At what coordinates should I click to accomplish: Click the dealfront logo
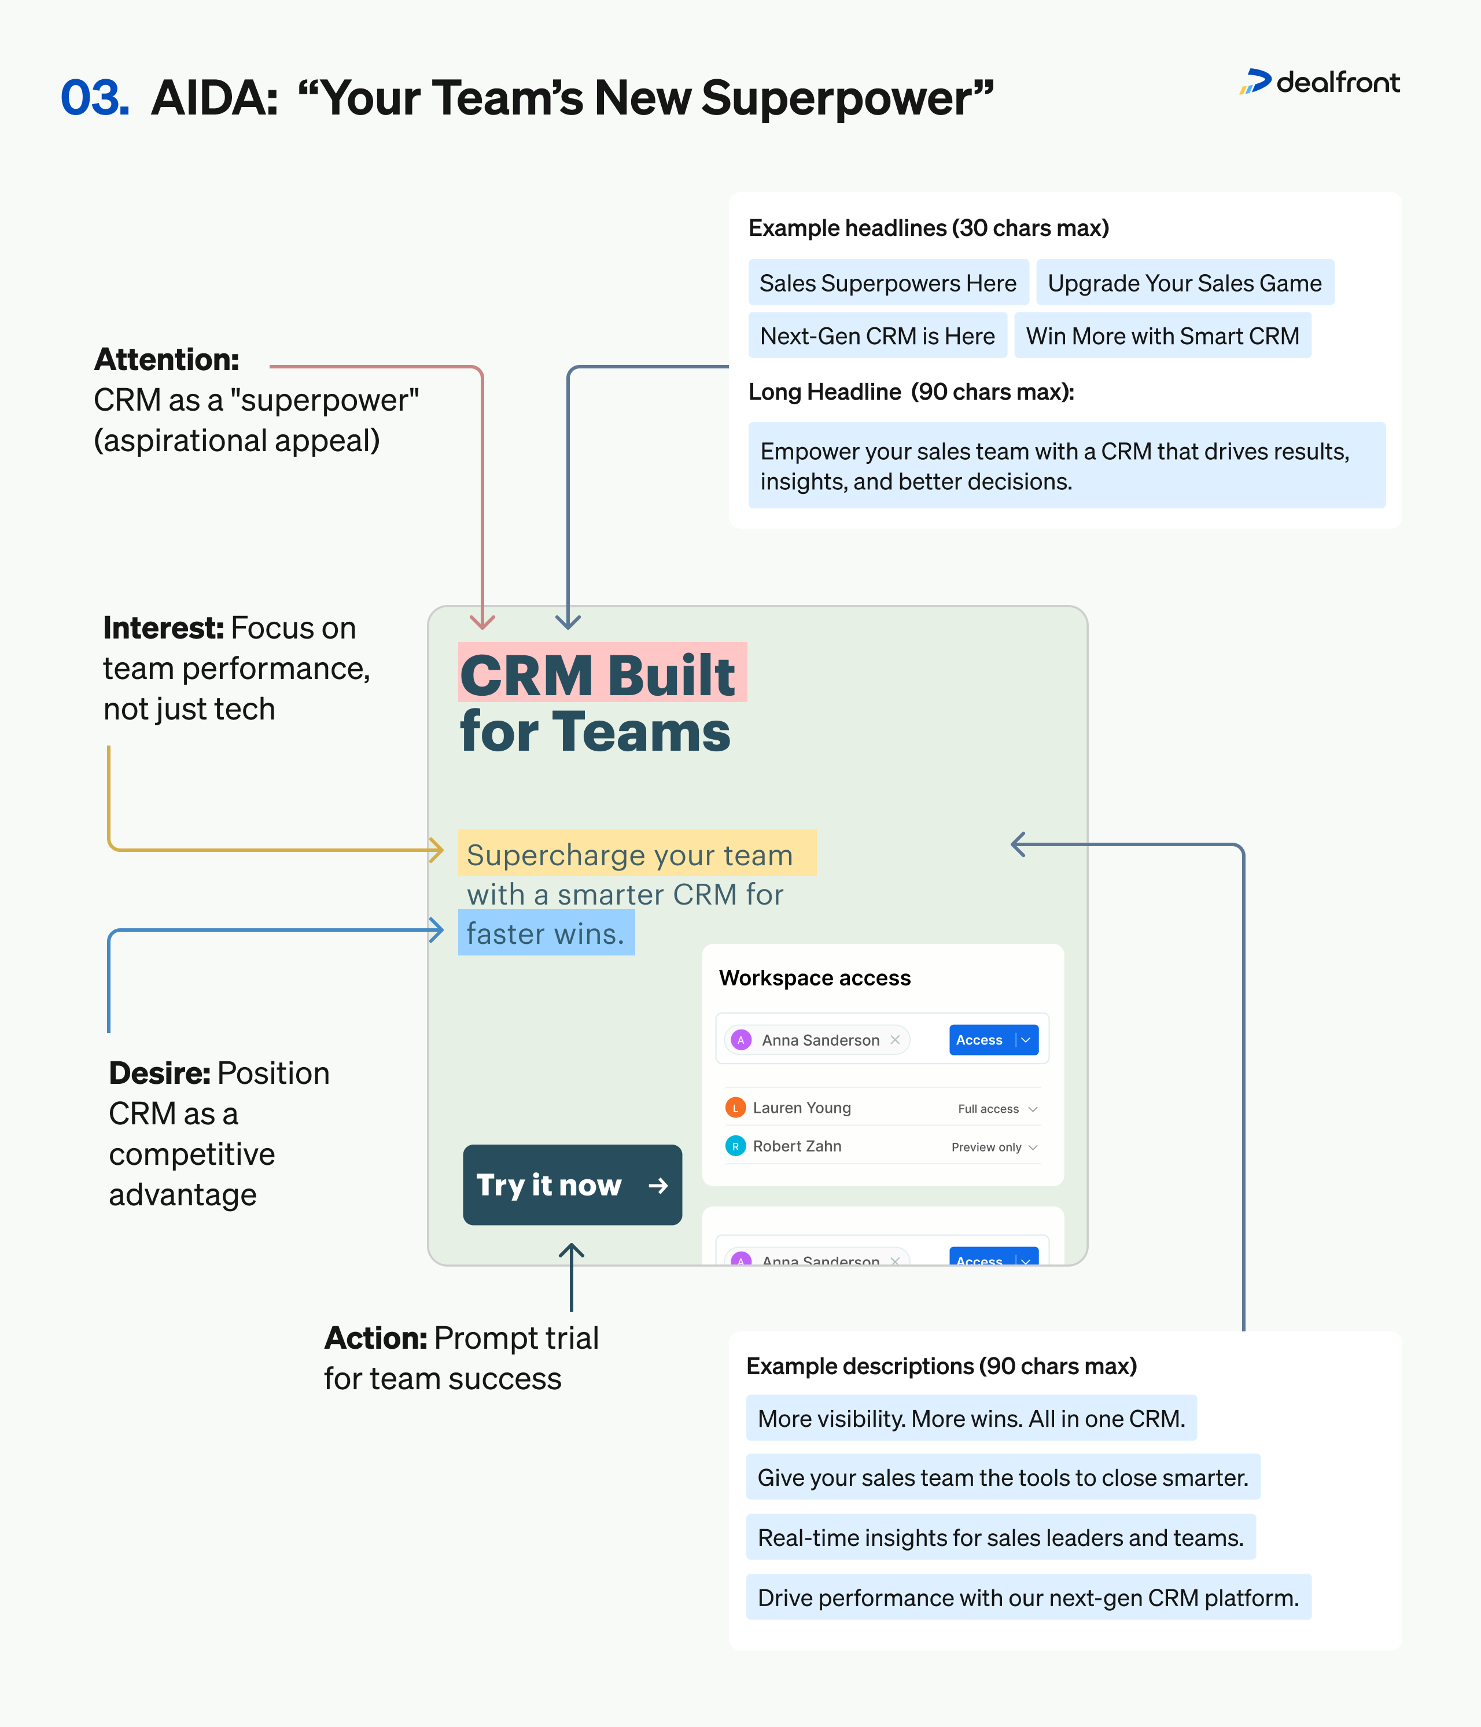coord(1319,83)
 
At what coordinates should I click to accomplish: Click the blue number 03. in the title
coord(95,98)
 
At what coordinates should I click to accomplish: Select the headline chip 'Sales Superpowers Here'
coord(887,283)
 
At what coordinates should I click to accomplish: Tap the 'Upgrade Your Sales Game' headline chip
coord(1184,283)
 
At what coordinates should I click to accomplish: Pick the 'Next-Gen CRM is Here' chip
coord(877,336)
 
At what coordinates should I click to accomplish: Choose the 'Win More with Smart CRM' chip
coord(1162,336)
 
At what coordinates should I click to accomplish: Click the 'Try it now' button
coord(572,1184)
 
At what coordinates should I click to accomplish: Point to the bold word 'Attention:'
coord(167,359)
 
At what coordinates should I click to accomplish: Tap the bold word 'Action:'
coord(375,1338)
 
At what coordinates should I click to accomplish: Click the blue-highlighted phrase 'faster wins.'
coord(546,933)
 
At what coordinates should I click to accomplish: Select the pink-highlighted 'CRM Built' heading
coord(598,674)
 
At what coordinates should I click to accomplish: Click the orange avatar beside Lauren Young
coord(735,1108)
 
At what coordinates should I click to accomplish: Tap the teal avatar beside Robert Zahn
coord(735,1146)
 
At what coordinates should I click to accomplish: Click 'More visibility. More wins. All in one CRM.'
coord(971,1419)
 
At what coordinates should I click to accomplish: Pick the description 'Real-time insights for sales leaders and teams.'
coord(1000,1538)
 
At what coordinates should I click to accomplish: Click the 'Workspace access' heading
coord(815,977)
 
